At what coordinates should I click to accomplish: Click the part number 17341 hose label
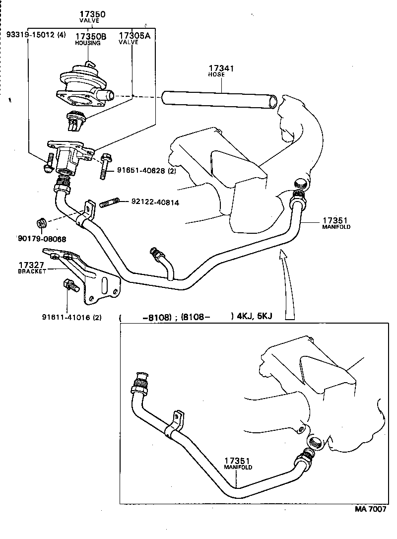pos(221,70)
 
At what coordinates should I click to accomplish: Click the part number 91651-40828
pos(143,170)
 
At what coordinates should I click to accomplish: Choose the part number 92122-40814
pos(155,202)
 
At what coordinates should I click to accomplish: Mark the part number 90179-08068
pos(42,239)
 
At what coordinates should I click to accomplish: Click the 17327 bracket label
pos(32,268)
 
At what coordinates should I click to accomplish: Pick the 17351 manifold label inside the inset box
pos(238,464)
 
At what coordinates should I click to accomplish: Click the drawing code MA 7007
pos(370,509)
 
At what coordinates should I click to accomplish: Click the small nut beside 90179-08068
pos(42,222)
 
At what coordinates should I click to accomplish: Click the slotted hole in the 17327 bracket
pos(105,287)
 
